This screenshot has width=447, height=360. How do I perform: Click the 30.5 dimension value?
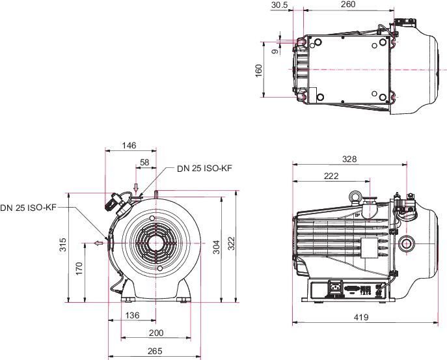pos(279,5)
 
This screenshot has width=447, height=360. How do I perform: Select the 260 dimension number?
pos(348,5)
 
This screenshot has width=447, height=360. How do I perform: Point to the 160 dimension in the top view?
pos(258,70)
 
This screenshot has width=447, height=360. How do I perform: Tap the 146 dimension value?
pos(129,145)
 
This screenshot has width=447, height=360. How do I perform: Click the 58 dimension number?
pos(144,162)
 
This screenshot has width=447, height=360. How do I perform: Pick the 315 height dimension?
pos(62,245)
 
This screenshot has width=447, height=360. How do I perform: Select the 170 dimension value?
pos(79,268)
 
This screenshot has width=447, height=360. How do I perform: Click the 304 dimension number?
pos(217,247)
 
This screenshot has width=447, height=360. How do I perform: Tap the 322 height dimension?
pos(231,243)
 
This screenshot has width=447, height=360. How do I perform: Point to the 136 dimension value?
pos(132,315)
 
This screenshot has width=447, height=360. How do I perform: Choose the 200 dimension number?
pos(156,333)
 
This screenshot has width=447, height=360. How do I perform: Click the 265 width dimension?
pos(155,351)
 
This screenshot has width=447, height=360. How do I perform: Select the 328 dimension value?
pos(349,159)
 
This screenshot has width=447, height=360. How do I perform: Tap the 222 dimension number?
pos(331,176)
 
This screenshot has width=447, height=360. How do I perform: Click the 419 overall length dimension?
pos(361,317)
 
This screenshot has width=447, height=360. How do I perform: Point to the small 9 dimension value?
pos(275,51)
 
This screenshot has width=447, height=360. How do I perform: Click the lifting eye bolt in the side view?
pos(355,197)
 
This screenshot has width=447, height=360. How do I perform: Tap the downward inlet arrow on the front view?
pos(136,187)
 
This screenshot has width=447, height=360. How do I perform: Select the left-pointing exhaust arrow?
pos(99,243)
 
